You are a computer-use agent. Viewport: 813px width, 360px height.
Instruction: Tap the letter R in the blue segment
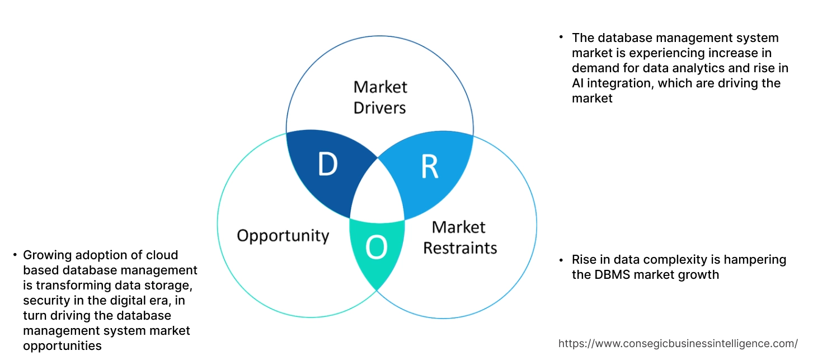429,166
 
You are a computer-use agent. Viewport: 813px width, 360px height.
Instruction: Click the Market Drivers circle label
380,97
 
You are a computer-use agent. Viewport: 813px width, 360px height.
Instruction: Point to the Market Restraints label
459,237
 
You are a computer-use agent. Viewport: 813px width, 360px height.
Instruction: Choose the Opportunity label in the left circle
283,235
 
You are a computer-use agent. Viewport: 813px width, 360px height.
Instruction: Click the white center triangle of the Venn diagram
378,193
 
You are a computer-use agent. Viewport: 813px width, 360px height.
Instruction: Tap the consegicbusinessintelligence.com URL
678,343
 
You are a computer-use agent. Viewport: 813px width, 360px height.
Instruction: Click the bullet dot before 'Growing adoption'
15,255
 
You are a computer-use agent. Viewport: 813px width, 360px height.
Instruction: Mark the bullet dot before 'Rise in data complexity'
561,260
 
